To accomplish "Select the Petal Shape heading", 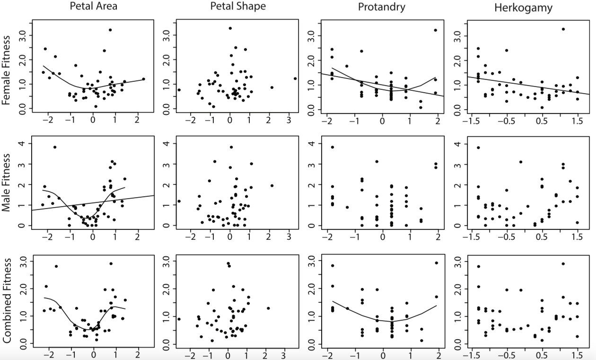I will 238,7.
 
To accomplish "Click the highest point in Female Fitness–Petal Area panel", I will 110,30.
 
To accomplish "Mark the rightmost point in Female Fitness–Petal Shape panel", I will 295,79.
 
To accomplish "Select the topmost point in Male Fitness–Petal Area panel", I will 55,147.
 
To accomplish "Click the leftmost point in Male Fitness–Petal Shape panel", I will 179,201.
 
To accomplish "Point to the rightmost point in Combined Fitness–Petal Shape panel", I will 268,308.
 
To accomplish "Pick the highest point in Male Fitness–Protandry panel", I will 332,147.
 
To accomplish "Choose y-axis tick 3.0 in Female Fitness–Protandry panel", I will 314,35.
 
